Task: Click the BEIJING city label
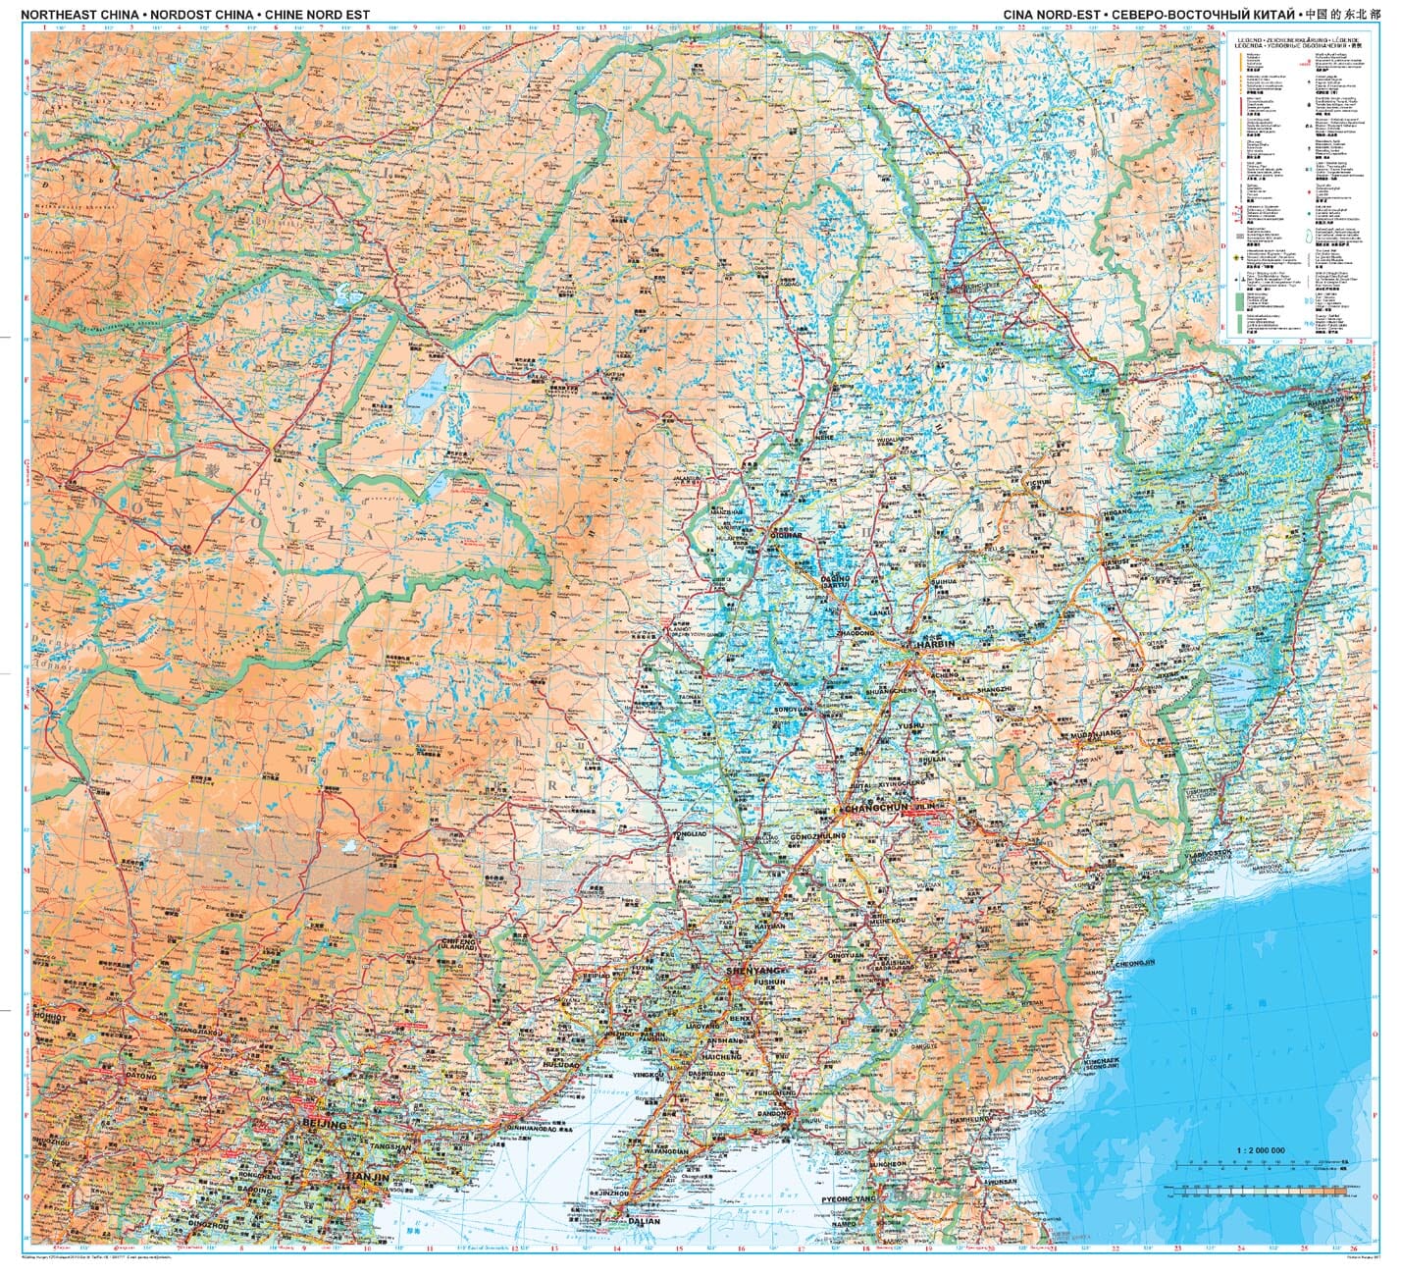(x=326, y=1123)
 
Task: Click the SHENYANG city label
(x=751, y=970)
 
